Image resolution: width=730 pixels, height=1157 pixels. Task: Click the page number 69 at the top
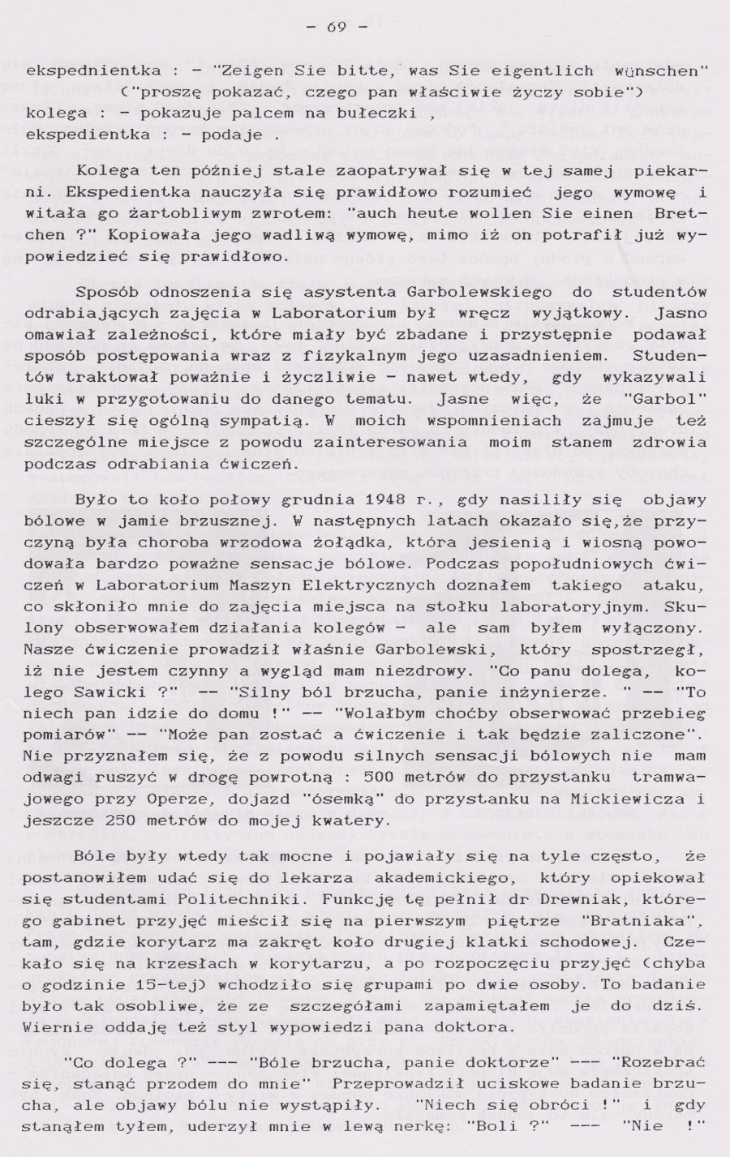(x=337, y=27)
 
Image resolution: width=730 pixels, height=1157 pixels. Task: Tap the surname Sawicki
(x=105, y=692)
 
